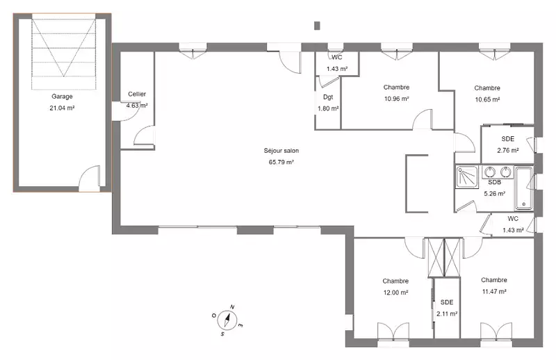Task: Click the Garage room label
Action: coord(62,97)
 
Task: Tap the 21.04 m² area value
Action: coord(62,108)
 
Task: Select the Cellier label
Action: coord(137,94)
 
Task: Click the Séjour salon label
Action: coord(281,151)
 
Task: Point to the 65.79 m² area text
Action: coord(281,163)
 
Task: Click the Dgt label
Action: coord(328,97)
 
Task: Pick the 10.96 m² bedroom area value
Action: coord(396,99)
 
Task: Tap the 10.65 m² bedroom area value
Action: coord(488,99)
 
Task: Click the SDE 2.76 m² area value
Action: coord(508,150)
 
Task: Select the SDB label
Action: coord(495,182)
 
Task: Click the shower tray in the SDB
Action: coord(467,177)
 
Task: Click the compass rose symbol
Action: coord(227,320)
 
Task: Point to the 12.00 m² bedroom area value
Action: coord(395,293)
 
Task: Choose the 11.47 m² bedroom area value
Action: coord(494,292)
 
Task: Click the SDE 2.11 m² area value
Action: coord(447,314)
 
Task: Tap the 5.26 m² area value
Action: coord(495,194)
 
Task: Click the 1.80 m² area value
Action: coord(328,108)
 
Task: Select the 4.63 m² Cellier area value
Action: coord(137,106)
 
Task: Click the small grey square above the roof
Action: coord(318,26)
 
